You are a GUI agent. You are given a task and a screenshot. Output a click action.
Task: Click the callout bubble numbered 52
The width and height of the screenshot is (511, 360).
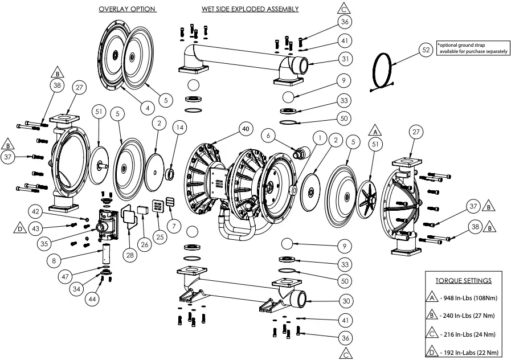(x=426, y=50)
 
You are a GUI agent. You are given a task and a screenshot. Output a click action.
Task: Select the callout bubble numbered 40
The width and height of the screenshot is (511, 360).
(x=246, y=130)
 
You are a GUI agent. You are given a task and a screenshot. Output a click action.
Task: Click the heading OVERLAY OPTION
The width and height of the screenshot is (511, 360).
(x=127, y=10)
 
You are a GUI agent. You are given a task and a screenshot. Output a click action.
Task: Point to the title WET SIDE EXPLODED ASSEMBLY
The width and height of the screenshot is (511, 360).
(x=250, y=10)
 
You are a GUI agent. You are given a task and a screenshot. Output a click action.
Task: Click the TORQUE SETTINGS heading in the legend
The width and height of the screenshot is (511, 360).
(x=463, y=281)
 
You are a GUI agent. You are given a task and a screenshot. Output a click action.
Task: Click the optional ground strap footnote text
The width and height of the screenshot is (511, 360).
(x=471, y=48)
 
